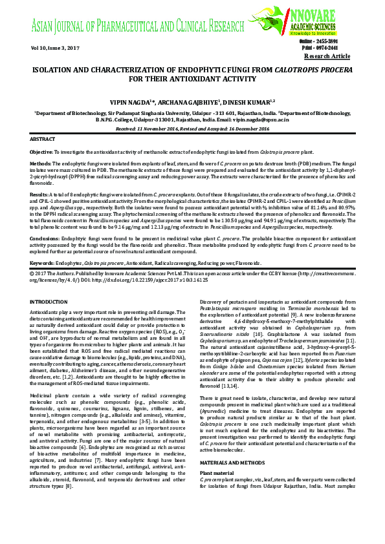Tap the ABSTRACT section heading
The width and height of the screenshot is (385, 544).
(43, 139)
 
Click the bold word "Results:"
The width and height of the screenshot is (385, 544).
(39, 193)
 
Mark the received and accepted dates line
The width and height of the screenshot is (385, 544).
(192, 129)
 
